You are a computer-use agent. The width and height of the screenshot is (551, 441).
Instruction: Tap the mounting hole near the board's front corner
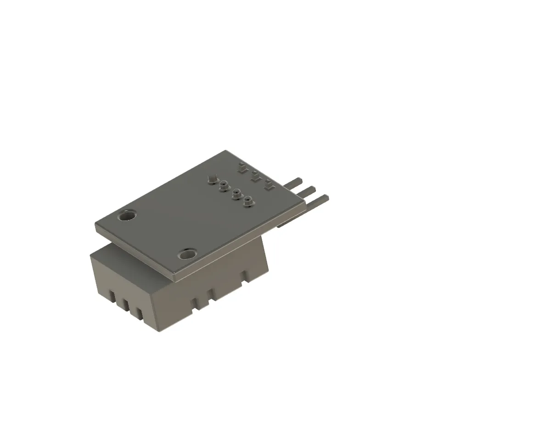click(x=187, y=254)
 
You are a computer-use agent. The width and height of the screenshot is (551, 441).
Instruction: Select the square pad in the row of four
click(x=212, y=178)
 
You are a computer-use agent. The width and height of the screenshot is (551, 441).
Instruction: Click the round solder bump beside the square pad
click(x=224, y=185)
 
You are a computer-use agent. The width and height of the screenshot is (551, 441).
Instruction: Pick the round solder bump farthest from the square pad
click(x=248, y=201)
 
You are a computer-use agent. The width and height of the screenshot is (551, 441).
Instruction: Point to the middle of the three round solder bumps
click(x=236, y=193)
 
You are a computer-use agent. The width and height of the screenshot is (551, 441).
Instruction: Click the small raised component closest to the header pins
click(x=269, y=187)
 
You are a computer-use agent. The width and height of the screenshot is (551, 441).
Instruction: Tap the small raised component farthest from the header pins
click(x=242, y=168)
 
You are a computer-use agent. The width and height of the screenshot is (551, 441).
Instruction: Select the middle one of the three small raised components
click(x=255, y=177)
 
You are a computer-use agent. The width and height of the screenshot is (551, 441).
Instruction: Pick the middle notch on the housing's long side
click(x=211, y=293)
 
